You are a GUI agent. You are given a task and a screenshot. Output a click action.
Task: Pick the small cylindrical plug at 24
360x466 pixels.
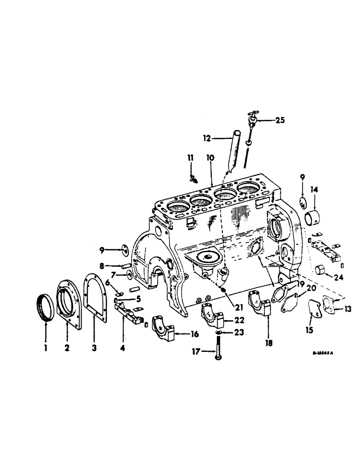(x=320, y=270)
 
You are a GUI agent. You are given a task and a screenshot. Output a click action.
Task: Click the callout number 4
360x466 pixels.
(x=122, y=335)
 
